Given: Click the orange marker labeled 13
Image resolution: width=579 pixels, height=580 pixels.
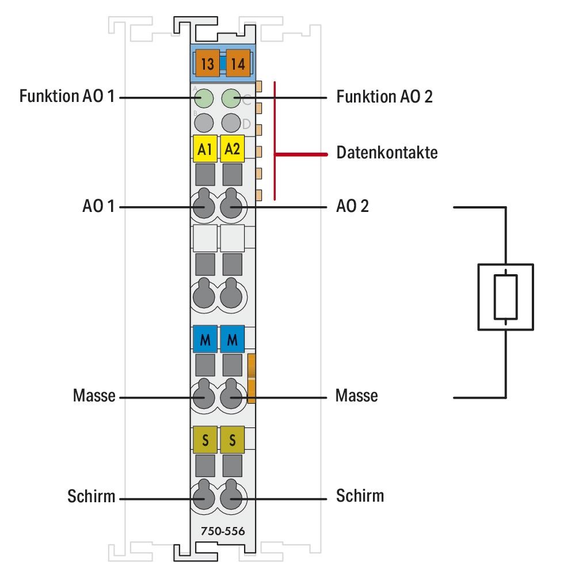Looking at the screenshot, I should pos(207,64).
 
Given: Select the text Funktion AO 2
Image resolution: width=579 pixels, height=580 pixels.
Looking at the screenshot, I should pos(384,97).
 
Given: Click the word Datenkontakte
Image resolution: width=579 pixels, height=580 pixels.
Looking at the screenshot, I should pos(387,153).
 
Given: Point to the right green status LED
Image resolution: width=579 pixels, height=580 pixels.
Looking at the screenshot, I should pos(231,98).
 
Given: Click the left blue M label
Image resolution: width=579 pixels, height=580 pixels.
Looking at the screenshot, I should pos(204,340).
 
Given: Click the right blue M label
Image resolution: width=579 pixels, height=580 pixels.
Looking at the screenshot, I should pos(233,340).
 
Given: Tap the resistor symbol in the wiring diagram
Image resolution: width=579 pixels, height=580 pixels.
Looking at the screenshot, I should pos(505,297).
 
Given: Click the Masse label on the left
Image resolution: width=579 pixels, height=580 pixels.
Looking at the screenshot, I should pos(94,396).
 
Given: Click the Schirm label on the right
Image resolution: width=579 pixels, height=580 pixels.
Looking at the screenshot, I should pos(360,495).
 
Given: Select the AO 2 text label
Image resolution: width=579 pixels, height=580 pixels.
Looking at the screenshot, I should pos(352,206).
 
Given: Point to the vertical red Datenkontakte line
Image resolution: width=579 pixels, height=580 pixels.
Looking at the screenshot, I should pos(275,141).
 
